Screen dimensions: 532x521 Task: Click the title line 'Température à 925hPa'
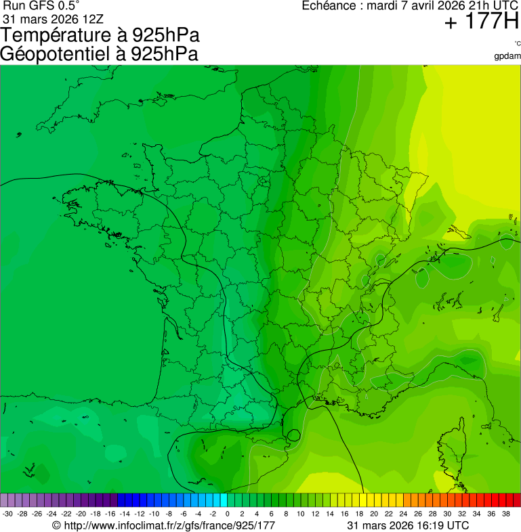pyautogui.click(x=101, y=35)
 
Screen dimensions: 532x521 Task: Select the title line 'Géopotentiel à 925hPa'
pyautogui.click(x=100, y=53)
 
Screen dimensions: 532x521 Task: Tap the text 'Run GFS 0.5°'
pyautogui.click(x=41, y=5)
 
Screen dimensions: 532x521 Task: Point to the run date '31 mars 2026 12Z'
pyautogui.click(x=53, y=18)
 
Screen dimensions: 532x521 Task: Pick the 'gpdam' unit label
pyautogui.click(x=507, y=56)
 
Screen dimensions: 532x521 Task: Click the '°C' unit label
pyautogui.click(x=517, y=44)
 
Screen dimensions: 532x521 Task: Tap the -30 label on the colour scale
pyautogui.click(x=8, y=514)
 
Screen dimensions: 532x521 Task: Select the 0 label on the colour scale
pyautogui.click(x=227, y=514)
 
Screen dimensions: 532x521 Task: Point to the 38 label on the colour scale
pyautogui.click(x=505, y=514)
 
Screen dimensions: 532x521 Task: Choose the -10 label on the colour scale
pyautogui.click(x=154, y=514)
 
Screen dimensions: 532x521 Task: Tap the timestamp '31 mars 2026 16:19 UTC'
pyautogui.click(x=407, y=525)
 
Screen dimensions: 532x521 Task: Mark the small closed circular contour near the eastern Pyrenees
pyautogui.click(x=293, y=435)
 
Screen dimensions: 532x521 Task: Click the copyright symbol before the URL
pyautogui.click(x=57, y=526)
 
